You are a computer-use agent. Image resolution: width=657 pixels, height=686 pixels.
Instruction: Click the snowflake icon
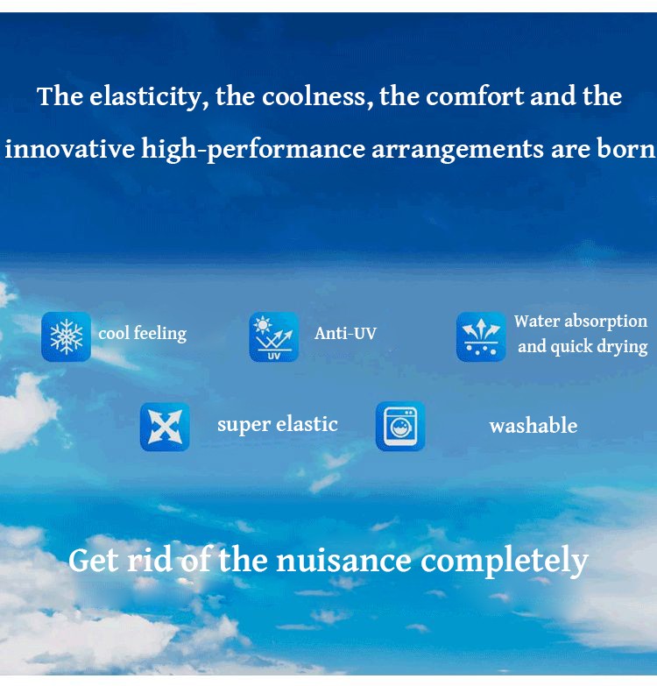[66, 337]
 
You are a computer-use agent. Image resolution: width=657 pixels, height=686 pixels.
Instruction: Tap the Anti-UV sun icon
[274, 337]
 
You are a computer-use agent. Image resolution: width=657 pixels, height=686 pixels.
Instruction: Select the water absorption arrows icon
[481, 337]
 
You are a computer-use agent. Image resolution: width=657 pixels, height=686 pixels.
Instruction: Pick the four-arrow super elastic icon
[165, 427]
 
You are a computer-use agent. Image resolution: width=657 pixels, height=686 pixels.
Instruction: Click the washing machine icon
[400, 426]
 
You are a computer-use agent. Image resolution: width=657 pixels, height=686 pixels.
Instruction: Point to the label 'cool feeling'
[143, 334]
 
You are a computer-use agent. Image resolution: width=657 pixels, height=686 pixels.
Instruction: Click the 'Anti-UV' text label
[345, 334]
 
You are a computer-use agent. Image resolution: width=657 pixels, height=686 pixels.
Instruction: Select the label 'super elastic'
[278, 425]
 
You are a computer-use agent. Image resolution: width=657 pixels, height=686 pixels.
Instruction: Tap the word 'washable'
[533, 426]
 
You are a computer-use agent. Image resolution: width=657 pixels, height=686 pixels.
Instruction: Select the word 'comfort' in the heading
[475, 96]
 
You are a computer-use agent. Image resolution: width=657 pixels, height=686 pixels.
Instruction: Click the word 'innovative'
[70, 149]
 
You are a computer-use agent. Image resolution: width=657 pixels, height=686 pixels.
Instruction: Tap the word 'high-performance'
[253, 150]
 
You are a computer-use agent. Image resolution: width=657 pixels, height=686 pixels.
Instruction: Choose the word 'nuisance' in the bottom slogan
[343, 561]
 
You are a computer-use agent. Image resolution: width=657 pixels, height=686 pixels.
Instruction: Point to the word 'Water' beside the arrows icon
[537, 322]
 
